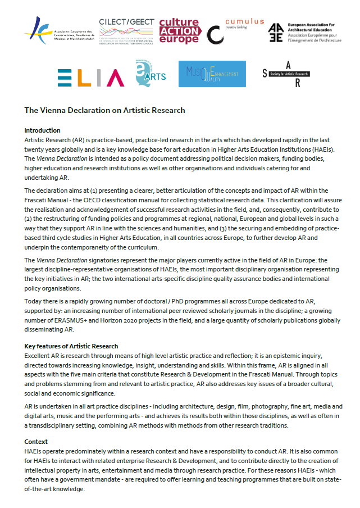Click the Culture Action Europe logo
pyautogui.click(x=180, y=31)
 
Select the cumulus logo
pyautogui.click(x=235, y=31)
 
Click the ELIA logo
pyautogui.click(x=90, y=78)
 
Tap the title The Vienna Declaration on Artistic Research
pyautogui.click(x=104, y=110)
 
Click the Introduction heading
pyautogui.click(x=42, y=130)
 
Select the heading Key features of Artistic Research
pyautogui.click(x=71, y=346)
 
